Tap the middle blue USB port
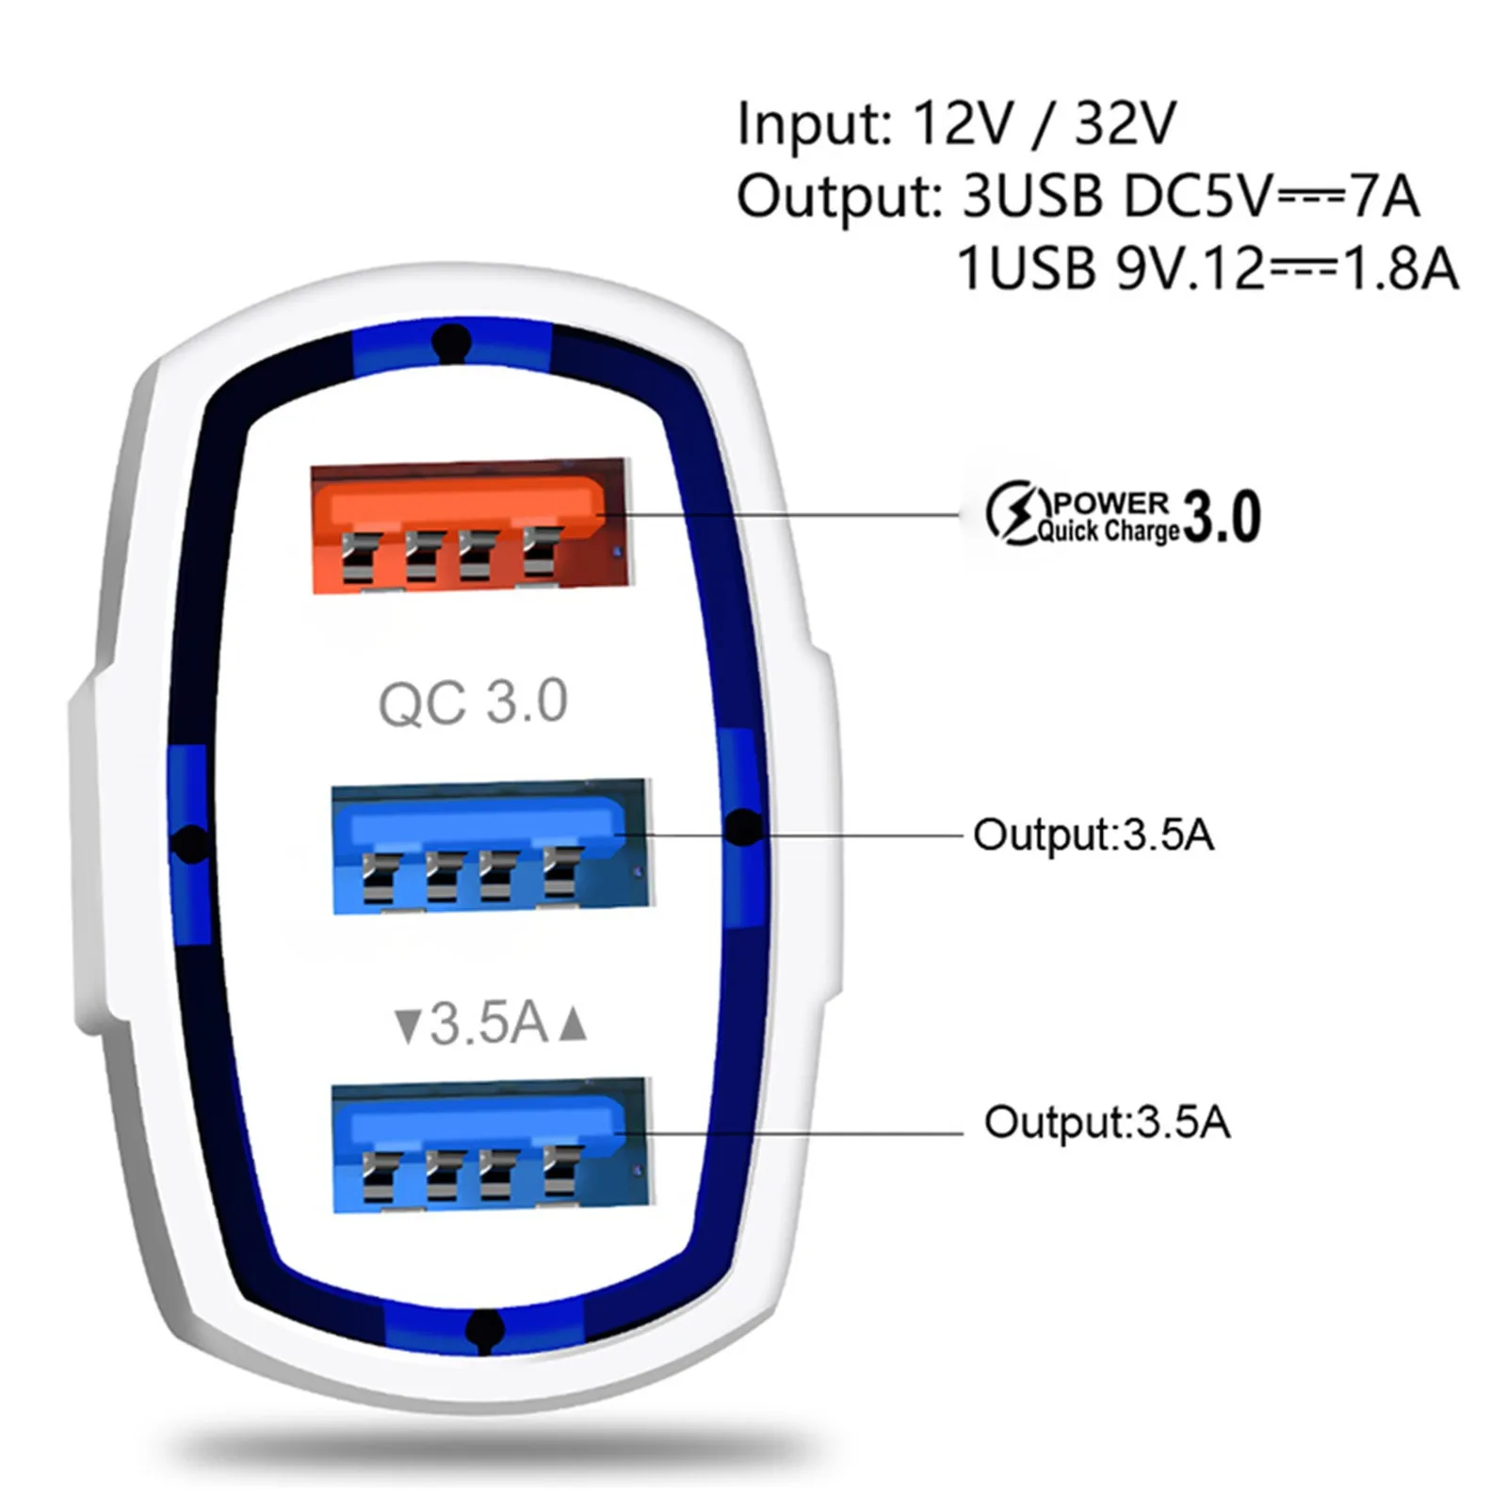[490, 846]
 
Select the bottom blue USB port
[490, 1143]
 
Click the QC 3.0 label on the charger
[473, 703]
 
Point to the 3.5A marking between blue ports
[490, 1023]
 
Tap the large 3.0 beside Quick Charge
[1222, 517]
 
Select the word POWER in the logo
[1111, 502]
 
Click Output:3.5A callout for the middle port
[1093, 835]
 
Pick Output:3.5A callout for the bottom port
[1107, 1122]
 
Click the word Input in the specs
[812, 124]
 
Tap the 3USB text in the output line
[1031, 197]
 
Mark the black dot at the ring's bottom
[483, 1329]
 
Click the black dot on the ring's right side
[745, 827]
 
